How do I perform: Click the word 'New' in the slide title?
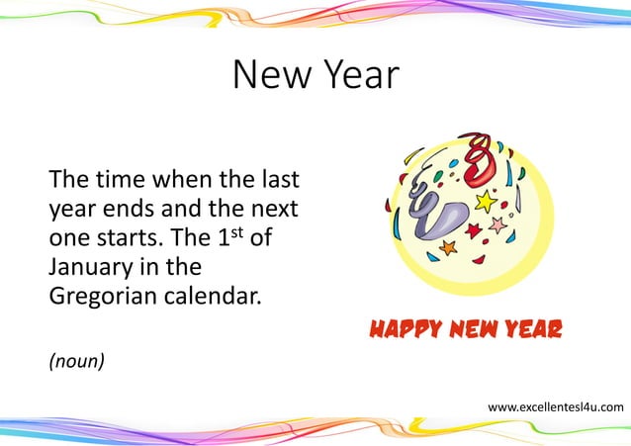pos(272,75)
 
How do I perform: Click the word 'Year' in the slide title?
pos(358,75)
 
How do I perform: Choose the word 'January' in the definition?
pos(94,267)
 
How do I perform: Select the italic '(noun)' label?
pos(76,361)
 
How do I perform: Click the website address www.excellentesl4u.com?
pos(556,406)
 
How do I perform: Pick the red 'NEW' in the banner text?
pos(469,328)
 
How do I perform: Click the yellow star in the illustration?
pos(486,202)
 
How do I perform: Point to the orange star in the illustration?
pos(448,246)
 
